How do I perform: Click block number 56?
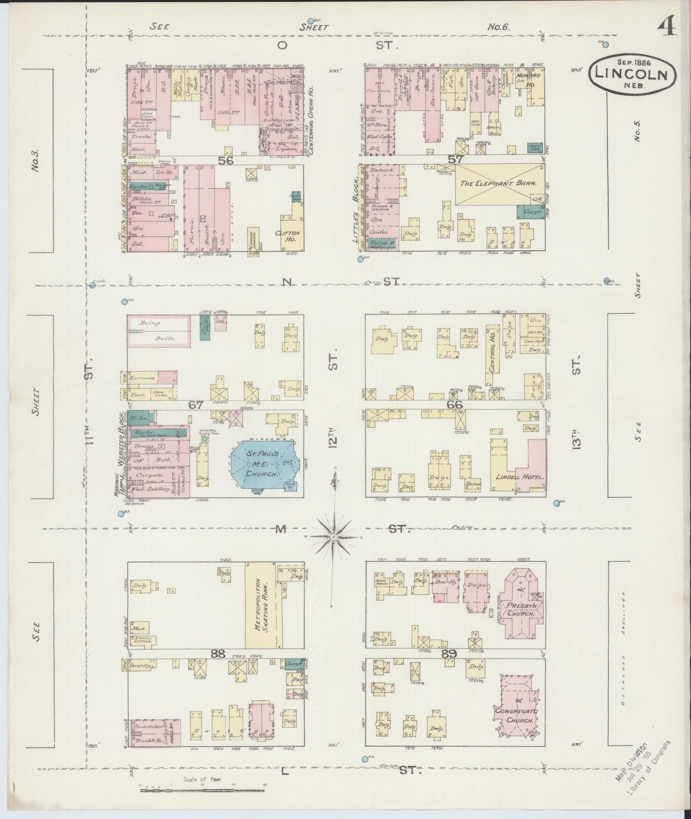point(226,161)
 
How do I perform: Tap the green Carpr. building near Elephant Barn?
point(530,211)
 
